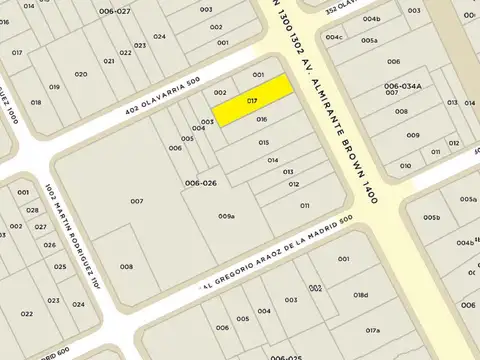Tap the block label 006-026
click(201, 183)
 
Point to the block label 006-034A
click(403, 86)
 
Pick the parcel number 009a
click(227, 216)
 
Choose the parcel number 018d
click(361, 296)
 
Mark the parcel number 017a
click(373, 330)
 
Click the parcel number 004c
click(334, 37)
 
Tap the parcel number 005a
click(369, 40)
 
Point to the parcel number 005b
click(431, 217)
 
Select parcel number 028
click(33, 210)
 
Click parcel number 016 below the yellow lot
click(262, 119)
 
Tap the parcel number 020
click(82, 75)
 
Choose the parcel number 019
click(54, 87)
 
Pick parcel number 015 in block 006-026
click(264, 142)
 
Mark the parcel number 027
click(41, 227)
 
